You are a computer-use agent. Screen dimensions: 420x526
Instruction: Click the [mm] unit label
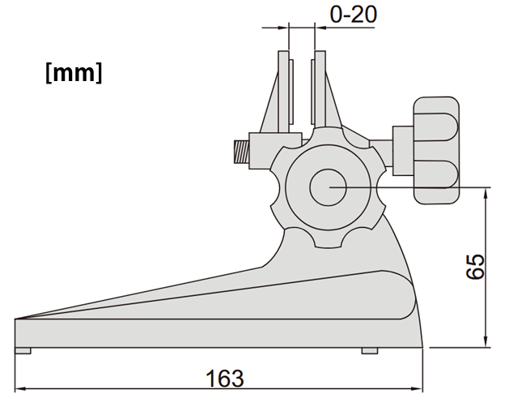tap(74, 72)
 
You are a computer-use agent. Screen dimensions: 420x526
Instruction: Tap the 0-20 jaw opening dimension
tap(354, 14)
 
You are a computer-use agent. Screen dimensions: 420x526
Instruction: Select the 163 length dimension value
tap(224, 378)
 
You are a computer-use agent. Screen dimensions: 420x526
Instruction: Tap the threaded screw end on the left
tap(240, 150)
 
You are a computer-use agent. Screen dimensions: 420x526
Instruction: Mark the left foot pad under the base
tap(23, 351)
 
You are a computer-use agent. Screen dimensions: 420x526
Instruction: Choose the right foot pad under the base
tap(369, 351)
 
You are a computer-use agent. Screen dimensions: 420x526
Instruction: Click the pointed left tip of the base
tap(18, 319)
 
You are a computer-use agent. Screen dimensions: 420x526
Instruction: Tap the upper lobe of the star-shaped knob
tap(329, 138)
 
